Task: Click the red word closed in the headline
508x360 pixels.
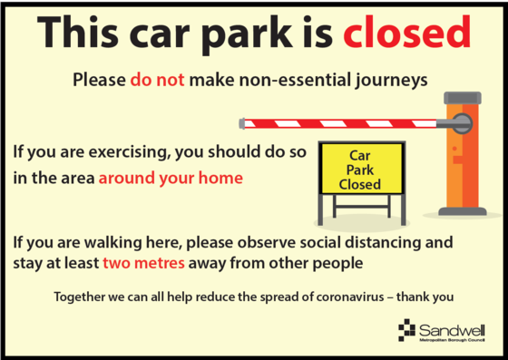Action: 407,34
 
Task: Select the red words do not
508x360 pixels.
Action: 157,80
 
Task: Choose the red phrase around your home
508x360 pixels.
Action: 171,178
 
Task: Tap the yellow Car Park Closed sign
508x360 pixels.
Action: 359,170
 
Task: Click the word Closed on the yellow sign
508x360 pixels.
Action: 359,184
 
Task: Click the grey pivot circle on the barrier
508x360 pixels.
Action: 461,120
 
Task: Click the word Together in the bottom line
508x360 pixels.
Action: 83,297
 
